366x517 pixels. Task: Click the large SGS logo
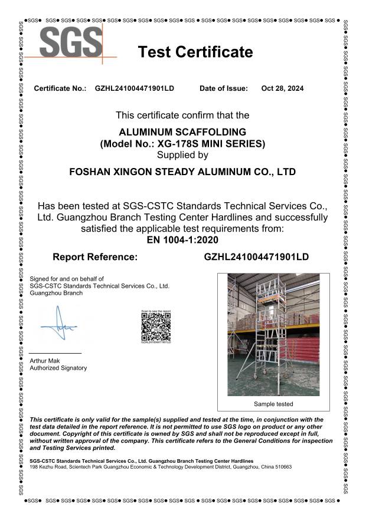(x=70, y=42)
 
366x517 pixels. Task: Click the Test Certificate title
(x=195, y=52)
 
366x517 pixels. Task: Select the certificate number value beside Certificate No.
(x=135, y=88)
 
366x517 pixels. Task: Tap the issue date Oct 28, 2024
(x=282, y=88)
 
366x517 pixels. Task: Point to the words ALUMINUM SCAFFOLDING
(x=182, y=132)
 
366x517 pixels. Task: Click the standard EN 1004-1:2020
(x=182, y=239)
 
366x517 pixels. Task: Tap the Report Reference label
(x=95, y=257)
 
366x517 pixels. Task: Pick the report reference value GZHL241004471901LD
(x=256, y=257)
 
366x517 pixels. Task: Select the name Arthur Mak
(x=44, y=360)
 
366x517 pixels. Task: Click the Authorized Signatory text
(x=58, y=368)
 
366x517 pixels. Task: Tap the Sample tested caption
(x=273, y=404)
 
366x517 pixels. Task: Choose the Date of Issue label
(x=224, y=88)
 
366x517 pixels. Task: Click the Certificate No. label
(x=60, y=88)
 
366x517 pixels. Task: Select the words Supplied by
(x=182, y=156)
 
